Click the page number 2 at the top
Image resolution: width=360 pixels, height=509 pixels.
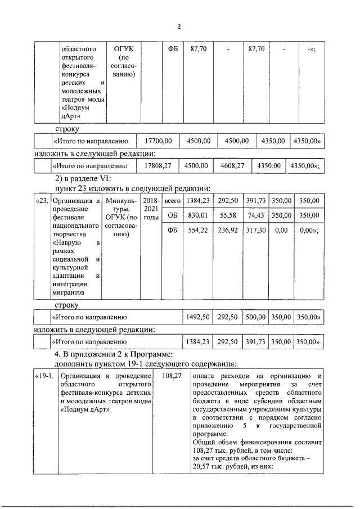coord(179,26)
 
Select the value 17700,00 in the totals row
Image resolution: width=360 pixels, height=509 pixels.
coord(158,141)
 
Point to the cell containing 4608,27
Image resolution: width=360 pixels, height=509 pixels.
coord(232,166)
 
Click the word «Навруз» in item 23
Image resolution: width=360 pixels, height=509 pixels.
coord(64,242)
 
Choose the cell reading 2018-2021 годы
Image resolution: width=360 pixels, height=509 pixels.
coord(151,209)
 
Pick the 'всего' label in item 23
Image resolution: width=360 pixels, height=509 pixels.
coord(171,201)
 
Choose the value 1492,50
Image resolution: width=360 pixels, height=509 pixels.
coord(198,318)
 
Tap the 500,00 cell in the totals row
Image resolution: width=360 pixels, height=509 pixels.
coord(255,318)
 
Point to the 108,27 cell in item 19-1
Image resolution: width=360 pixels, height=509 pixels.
coord(172,376)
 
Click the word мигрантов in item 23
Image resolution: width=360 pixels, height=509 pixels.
coord(69,293)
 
